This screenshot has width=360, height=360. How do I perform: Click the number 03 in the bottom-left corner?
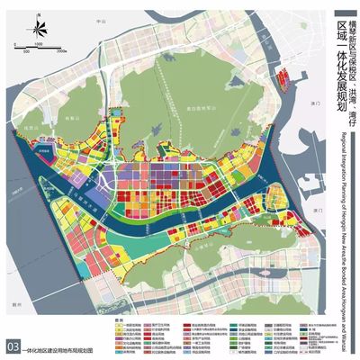12,346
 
